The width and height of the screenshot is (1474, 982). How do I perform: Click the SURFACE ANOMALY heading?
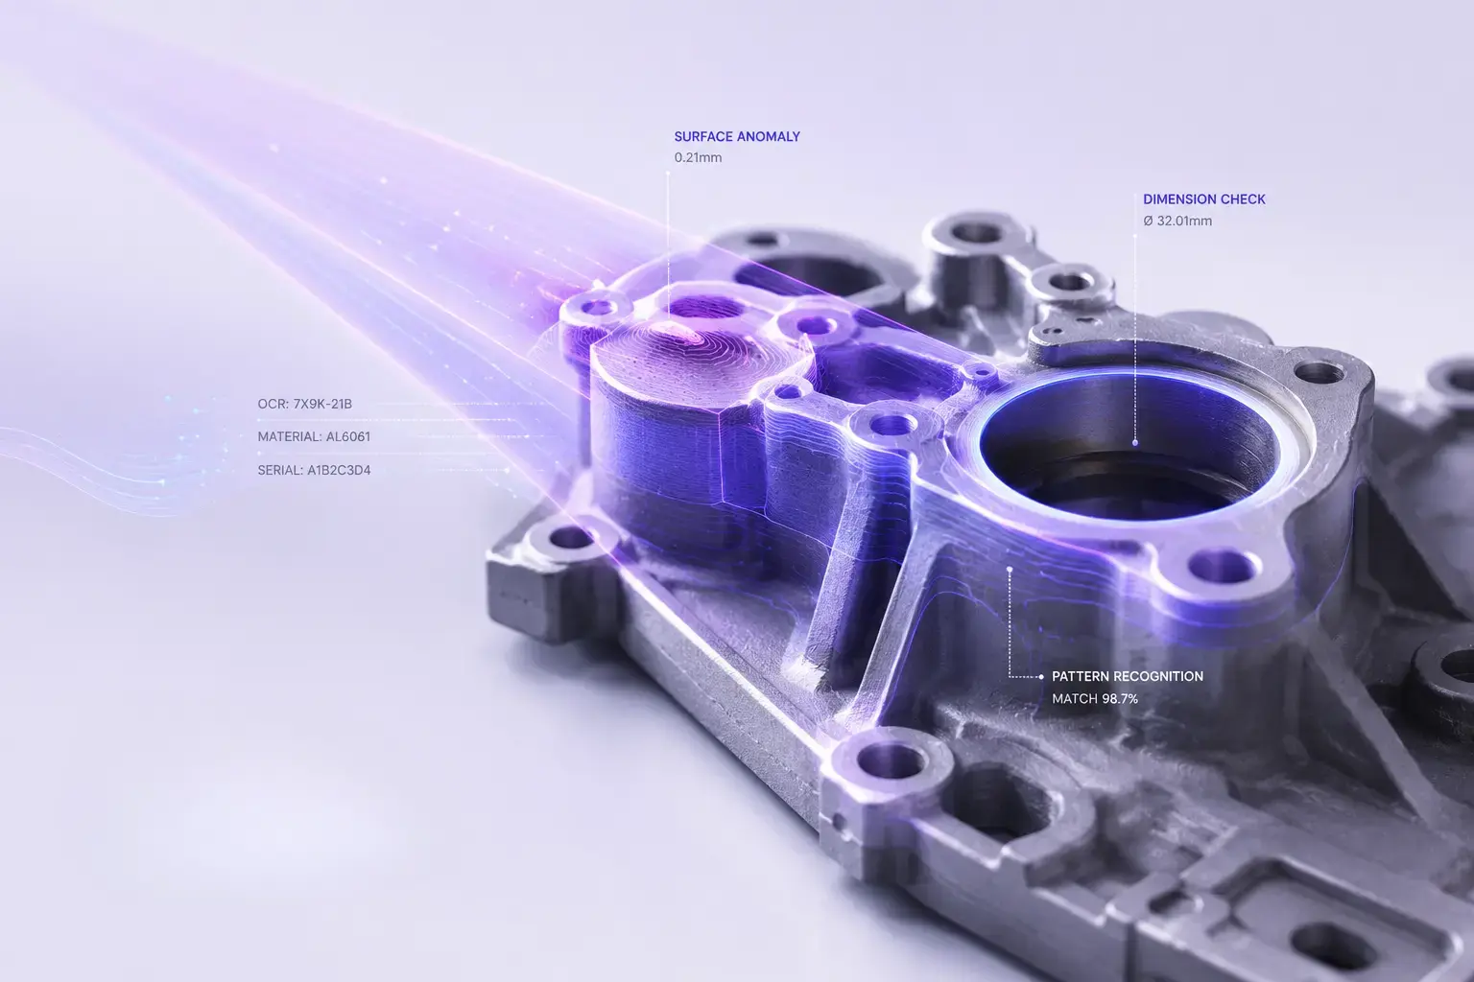pyautogui.click(x=737, y=137)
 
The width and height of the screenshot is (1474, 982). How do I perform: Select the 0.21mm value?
pyautogui.click(x=698, y=158)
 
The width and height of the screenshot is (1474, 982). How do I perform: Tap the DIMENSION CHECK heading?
pyautogui.click(x=1204, y=199)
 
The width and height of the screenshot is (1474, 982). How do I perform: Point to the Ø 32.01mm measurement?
pyautogui.click(x=1177, y=221)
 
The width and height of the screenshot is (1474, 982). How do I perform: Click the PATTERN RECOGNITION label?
pyautogui.click(x=1128, y=676)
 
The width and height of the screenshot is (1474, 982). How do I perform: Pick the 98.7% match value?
pyautogui.click(x=1119, y=699)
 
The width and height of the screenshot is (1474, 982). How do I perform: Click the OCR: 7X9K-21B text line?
pyautogui.click(x=304, y=404)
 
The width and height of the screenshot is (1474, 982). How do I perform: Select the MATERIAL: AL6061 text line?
pyautogui.click(x=314, y=436)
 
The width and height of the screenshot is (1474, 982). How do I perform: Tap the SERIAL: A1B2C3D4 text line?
pyautogui.click(x=314, y=470)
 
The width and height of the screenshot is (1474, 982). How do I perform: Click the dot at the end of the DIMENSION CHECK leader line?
pyautogui.click(x=1135, y=443)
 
